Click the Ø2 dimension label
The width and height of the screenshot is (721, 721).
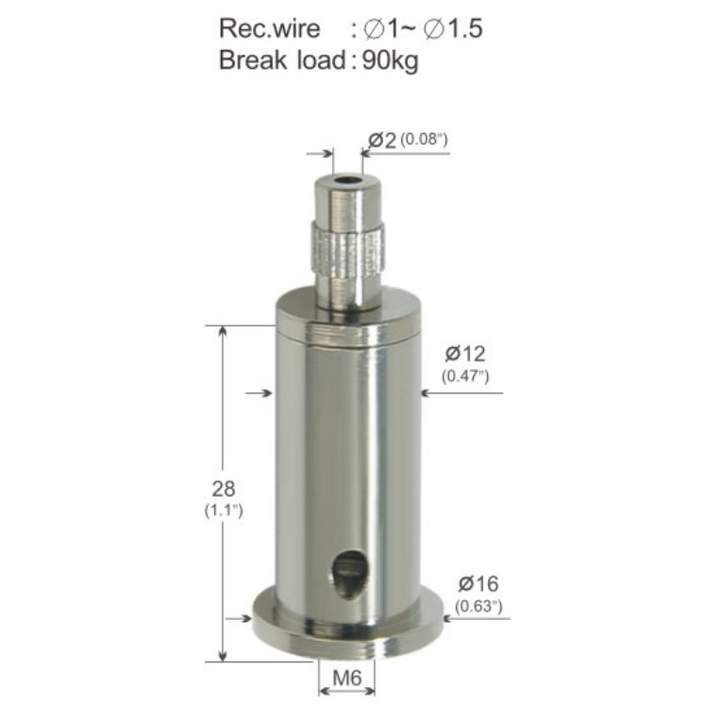click(x=382, y=141)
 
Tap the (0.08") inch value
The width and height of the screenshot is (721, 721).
click(x=424, y=139)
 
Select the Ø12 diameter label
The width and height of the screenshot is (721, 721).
click(x=465, y=354)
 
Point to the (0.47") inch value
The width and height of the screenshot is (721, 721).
click(x=465, y=377)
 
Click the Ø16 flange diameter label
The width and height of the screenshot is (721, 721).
click(x=478, y=584)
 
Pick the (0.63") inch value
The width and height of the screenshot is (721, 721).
click(x=478, y=607)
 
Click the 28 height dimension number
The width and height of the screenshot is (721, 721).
click(x=224, y=489)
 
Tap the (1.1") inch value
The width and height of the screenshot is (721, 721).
click(x=224, y=510)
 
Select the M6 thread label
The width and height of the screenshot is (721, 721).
click(x=347, y=678)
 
